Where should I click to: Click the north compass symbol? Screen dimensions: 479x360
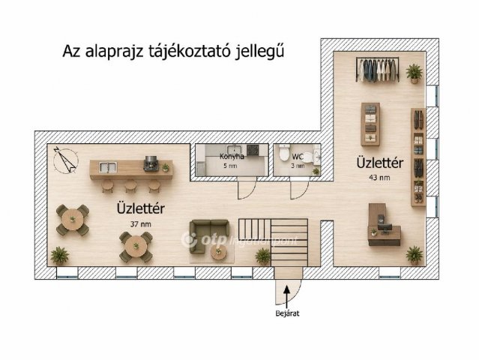click(65, 160)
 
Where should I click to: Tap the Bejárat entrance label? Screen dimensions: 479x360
click(287, 313)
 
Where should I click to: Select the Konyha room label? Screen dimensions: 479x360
click(232, 157)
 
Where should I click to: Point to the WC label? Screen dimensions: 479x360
click(298, 157)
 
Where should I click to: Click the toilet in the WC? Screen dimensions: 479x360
click(284, 153)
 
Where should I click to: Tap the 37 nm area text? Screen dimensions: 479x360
click(140, 224)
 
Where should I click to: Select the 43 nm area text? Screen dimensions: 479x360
click(379, 178)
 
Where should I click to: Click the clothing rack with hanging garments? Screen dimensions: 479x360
click(378, 69)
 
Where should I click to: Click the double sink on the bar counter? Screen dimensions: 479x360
click(108, 167)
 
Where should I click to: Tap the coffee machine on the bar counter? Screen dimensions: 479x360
click(151, 163)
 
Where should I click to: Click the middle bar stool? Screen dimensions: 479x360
click(130, 186)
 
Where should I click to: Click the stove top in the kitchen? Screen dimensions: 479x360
click(253, 150)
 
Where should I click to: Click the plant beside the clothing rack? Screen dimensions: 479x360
click(415, 73)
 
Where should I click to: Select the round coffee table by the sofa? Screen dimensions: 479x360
click(219, 253)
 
